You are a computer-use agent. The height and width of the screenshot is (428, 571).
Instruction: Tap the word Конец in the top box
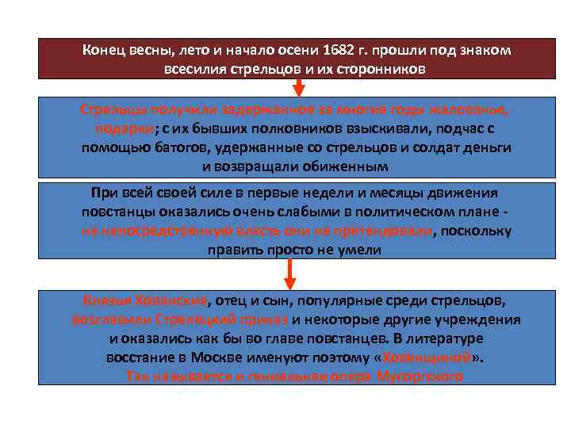[105, 50]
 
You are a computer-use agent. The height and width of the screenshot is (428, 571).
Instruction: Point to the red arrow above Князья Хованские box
[290, 273]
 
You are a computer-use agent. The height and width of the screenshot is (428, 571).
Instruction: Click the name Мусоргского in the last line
[420, 376]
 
